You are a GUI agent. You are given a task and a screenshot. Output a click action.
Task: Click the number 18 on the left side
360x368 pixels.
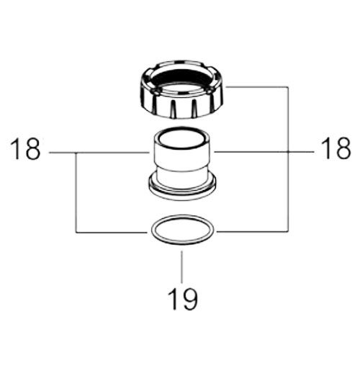point(25,149)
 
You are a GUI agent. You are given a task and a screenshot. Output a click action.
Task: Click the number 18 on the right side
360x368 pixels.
point(336,148)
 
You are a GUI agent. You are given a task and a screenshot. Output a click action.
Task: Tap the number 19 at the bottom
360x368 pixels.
point(183,299)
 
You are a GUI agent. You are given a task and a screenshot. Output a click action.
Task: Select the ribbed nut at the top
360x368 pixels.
point(181,90)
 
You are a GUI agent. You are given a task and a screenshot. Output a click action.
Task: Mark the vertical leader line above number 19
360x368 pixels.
point(181,267)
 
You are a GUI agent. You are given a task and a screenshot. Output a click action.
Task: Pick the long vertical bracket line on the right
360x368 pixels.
point(288,159)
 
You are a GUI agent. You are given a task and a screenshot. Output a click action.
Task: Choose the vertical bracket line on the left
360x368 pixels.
point(76,192)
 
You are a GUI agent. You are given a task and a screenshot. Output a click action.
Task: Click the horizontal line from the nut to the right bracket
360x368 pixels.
point(257,86)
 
